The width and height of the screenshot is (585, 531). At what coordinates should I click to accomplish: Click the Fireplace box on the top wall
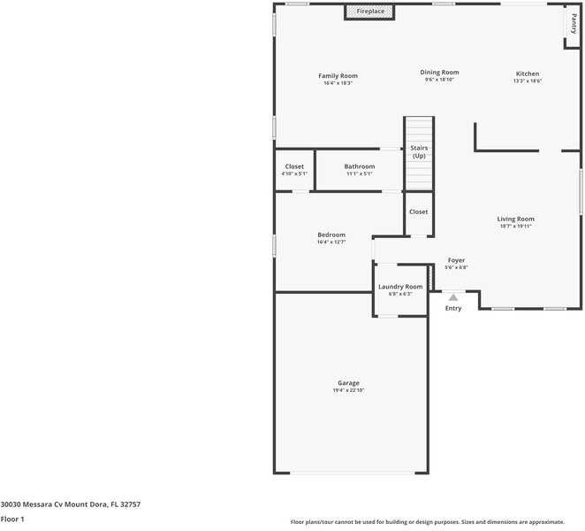tap(369, 12)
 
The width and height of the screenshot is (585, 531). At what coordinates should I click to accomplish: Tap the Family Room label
tap(338, 76)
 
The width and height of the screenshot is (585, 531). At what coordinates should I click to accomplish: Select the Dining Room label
tap(439, 73)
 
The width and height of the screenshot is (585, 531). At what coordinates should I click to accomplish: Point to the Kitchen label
tap(528, 73)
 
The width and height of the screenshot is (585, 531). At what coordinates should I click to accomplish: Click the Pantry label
tap(574, 24)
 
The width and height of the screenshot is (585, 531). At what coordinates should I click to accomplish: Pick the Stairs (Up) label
tap(419, 152)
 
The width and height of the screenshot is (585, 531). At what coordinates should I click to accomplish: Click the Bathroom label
tap(359, 166)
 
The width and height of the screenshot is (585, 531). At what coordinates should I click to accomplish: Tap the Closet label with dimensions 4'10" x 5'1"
tap(294, 166)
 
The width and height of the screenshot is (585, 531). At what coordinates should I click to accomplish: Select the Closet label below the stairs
tap(418, 212)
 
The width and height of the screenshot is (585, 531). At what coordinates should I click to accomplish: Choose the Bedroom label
tap(331, 235)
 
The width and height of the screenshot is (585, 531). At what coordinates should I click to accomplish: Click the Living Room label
tap(515, 219)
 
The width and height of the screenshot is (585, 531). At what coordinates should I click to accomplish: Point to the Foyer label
tap(456, 260)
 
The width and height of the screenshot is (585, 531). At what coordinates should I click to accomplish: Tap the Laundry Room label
tap(400, 287)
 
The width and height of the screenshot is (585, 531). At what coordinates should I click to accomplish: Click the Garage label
tap(348, 383)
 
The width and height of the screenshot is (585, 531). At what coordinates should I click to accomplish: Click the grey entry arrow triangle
tap(453, 297)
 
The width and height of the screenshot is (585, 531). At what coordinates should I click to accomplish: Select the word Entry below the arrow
tap(453, 308)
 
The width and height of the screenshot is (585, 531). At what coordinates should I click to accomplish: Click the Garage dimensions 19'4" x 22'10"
tap(348, 390)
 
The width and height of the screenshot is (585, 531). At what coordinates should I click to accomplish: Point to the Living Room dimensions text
tap(515, 227)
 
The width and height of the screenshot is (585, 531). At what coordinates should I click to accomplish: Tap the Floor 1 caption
tap(12, 519)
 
